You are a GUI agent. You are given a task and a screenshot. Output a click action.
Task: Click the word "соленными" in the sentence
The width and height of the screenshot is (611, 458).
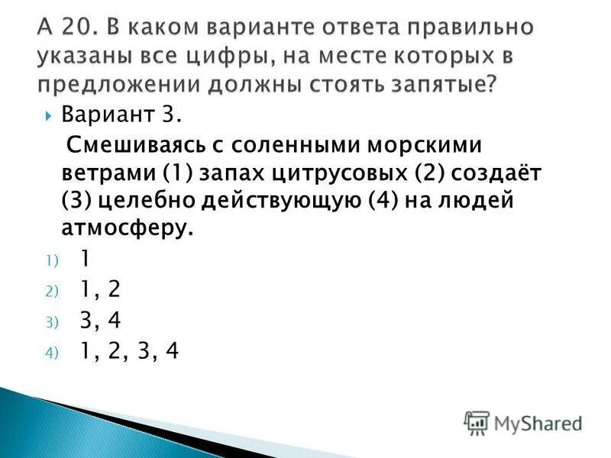pyautogui.click(x=289, y=144)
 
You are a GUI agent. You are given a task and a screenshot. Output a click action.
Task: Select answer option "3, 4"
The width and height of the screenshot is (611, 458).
pyautogui.click(x=99, y=319)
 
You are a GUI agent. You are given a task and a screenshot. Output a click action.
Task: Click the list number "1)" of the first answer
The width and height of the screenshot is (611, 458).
pyautogui.click(x=50, y=260)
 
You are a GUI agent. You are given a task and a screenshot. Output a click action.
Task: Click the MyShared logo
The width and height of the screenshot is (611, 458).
pyautogui.click(x=523, y=422)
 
